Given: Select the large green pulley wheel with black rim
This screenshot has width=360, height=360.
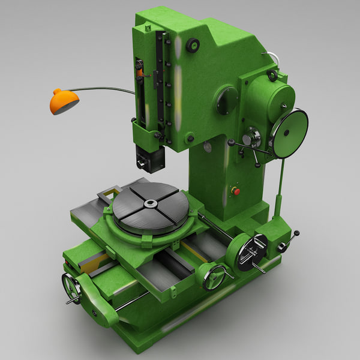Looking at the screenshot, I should (289, 133).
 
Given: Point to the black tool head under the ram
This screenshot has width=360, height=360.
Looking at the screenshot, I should (149, 159).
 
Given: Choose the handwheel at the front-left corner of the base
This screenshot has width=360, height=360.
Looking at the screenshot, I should (71, 287).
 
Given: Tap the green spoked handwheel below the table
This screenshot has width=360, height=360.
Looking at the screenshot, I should (213, 277).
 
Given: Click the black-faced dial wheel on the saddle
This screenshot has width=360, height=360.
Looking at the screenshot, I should (251, 250).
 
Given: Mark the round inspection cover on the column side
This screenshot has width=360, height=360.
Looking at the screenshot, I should (227, 100).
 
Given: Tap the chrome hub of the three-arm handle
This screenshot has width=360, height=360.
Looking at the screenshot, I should (252, 139).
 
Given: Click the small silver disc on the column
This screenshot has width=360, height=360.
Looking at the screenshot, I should (208, 146).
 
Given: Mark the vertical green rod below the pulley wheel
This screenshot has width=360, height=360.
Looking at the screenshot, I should (280, 186).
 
